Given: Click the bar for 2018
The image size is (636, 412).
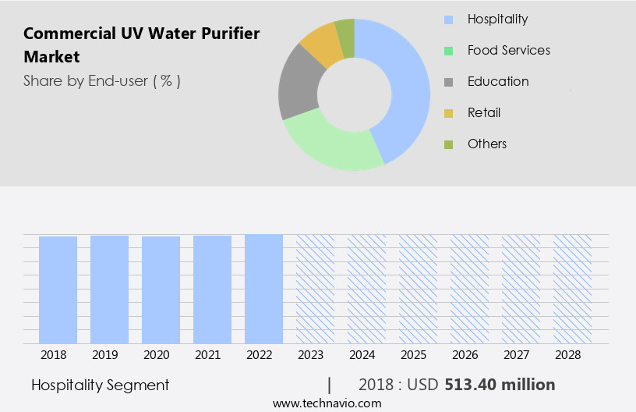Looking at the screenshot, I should point(58,289).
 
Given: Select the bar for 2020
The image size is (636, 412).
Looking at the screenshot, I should point(161,289).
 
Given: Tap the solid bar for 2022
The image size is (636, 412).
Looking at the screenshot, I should point(263,289).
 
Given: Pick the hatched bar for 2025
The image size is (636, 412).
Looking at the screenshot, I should point(418,289).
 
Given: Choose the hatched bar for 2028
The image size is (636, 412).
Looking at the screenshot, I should point(572,289).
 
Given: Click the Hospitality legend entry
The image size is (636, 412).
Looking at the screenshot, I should point(497,19).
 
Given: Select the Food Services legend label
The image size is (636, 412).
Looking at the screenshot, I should point(508,50).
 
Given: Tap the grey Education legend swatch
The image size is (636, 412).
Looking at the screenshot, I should point(448,82).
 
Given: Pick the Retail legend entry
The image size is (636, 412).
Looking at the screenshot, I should point(483,112).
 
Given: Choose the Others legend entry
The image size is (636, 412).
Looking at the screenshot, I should point(486,144).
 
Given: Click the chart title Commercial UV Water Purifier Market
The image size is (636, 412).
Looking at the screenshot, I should point(141,45).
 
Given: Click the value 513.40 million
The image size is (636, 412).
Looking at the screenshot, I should point(500,385).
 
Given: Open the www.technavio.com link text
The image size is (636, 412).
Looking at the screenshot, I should point(327,403).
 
